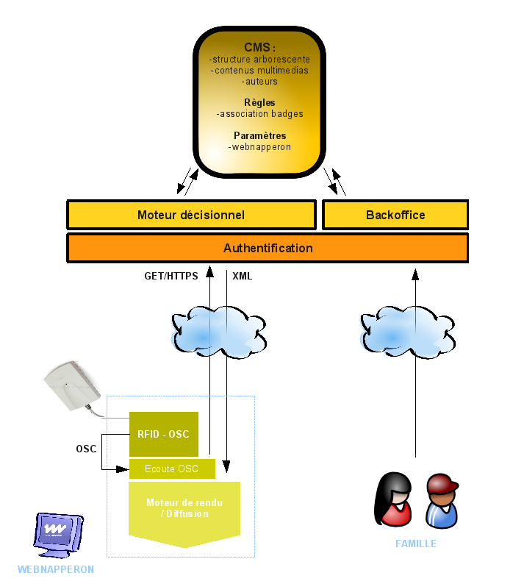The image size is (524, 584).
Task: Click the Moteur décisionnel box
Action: click(191, 215)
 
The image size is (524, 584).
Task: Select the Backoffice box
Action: click(395, 215)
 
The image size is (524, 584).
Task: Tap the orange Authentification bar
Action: click(268, 248)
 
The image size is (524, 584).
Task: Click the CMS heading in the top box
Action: click(259, 48)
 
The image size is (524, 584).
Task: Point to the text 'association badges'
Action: click(260, 114)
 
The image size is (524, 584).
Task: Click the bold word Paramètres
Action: click(259, 135)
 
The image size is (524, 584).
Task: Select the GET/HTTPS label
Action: click(171, 277)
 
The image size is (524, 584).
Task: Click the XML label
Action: click(242, 277)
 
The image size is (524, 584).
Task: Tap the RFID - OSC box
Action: click(163, 434)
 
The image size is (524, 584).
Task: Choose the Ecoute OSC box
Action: click(172, 469)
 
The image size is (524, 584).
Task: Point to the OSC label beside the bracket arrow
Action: click(86, 449)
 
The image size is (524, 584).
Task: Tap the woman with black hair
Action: click(394, 501)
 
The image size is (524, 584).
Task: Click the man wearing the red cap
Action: click(442, 501)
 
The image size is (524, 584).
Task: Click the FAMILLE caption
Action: click(416, 544)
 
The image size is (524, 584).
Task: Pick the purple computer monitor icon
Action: click(58, 531)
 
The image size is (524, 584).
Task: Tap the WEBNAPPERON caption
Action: click(56, 569)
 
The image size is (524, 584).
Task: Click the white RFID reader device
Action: click(71, 387)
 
